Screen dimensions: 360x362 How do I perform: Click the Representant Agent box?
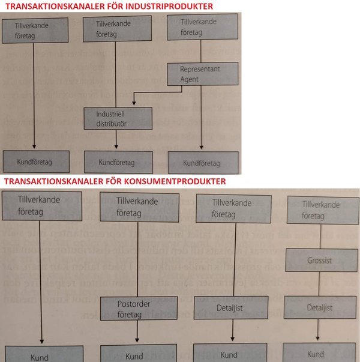click(203, 74)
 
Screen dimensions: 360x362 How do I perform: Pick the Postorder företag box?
click(131, 308)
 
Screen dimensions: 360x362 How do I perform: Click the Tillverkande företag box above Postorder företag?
click(137, 207)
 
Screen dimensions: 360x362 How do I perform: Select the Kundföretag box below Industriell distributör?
click(117, 162)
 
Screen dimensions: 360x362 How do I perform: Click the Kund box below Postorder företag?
click(135, 355)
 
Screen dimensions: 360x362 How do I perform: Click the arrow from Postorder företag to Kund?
click(138, 332)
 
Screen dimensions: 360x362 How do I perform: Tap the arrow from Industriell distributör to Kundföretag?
click(116, 140)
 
